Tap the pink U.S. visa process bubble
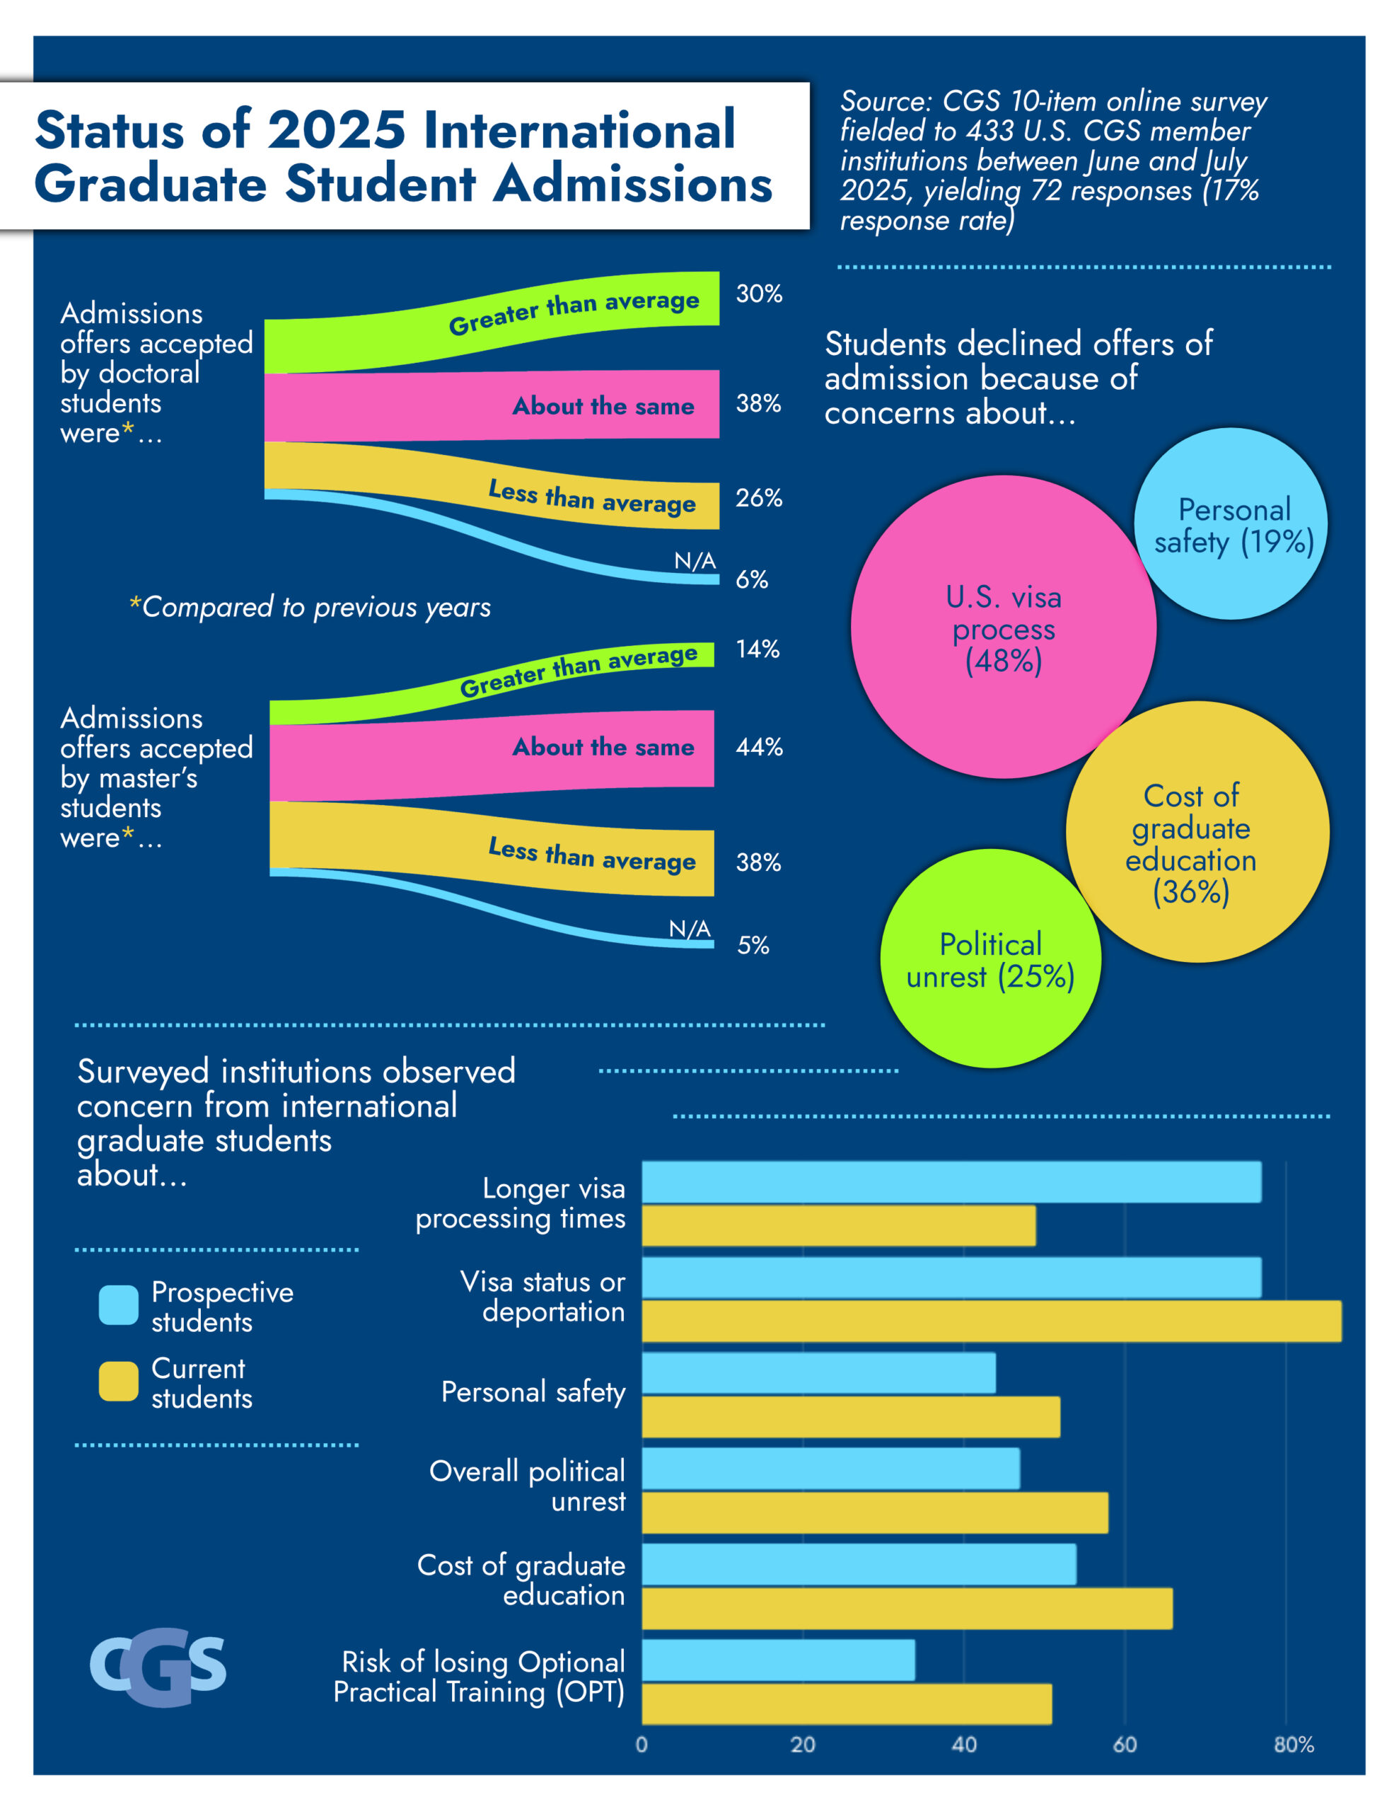[1003, 627]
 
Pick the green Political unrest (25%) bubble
[990, 959]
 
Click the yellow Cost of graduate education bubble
[1197, 833]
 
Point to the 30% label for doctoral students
[758, 294]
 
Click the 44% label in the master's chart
[759, 747]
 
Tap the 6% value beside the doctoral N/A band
[751, 579]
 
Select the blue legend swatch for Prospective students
[119, 1305]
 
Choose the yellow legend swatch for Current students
[119, 1382]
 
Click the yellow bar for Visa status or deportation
[991, 1321]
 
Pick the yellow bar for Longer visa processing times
[838, 1225]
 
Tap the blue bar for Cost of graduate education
[859, 1564]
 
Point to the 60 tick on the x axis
[1124, 1745]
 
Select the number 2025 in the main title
[336, 130]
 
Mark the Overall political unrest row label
[528, 1486]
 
